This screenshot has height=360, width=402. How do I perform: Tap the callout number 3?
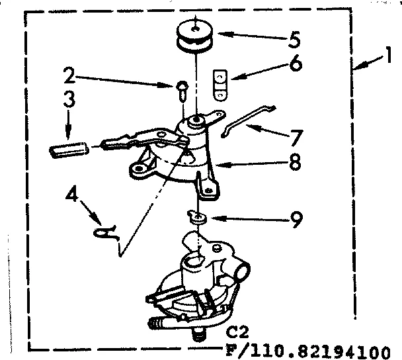point(69,101)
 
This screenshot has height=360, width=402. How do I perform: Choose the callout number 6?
point(296,64)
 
